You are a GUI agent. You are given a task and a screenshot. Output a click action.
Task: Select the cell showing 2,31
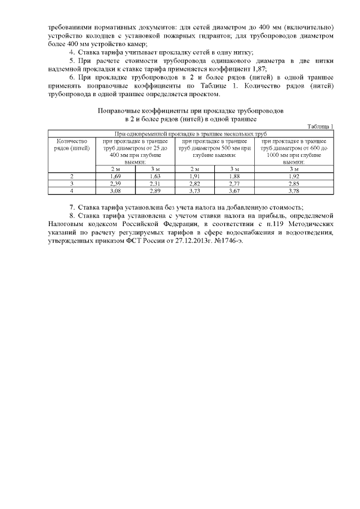click(156, 184)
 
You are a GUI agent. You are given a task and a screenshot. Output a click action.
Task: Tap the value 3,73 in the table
click(195, 191)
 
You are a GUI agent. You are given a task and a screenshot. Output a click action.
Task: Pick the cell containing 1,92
click(294, 177)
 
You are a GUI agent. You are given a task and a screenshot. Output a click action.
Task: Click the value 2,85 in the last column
click(294, 184)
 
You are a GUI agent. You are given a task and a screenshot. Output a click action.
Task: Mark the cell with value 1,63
click(156, 177)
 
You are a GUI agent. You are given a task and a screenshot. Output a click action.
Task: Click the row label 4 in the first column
click(72, 191)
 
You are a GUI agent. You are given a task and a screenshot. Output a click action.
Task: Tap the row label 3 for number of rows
click(72, 184)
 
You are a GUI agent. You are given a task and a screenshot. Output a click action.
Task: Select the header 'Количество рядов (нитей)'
click(72, 145)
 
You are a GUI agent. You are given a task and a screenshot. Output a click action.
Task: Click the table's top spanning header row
click(191, 133)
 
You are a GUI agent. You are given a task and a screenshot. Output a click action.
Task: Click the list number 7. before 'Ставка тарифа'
click(71, 207)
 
